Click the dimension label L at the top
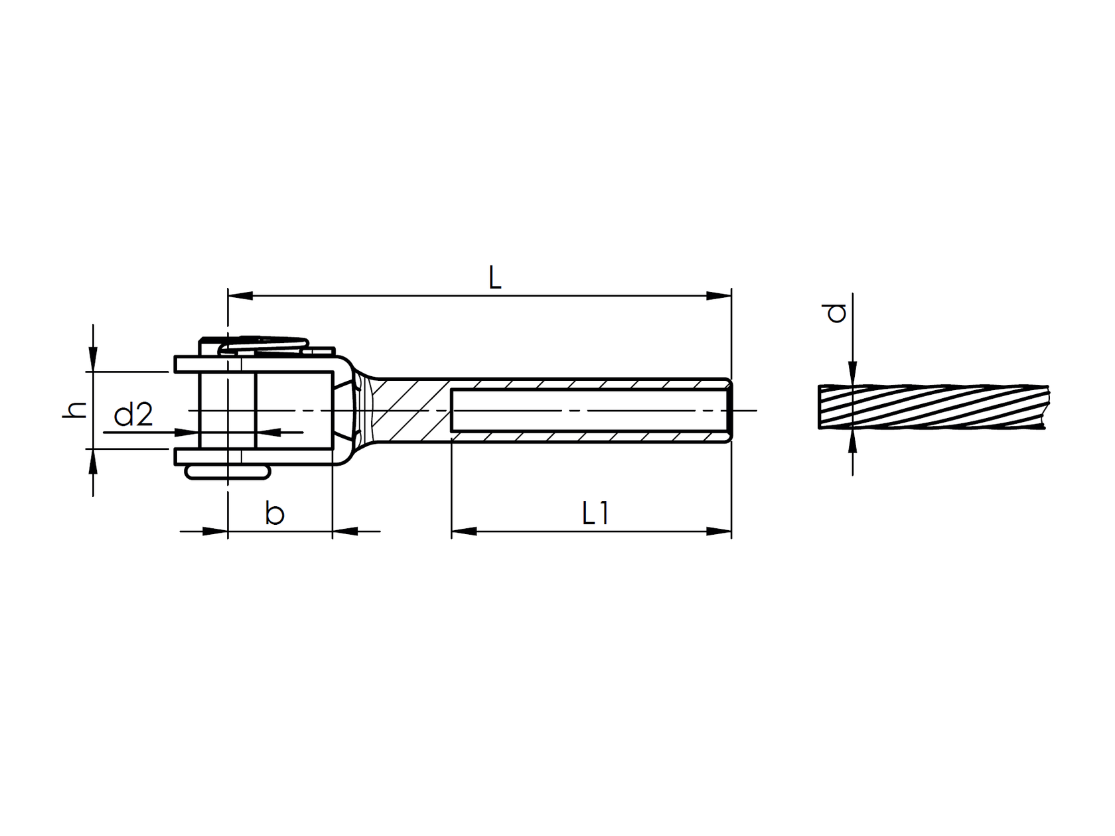(x=494, y=278)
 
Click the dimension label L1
(x=595, y=514)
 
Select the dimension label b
(x=275, y=514)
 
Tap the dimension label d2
(x=133, y=416)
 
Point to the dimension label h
(x=75, y=410)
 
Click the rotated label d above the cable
(x=836, y=313)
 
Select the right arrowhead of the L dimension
(x=719, y=295)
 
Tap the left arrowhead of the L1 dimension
(x=464, y=531)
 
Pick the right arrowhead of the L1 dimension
(x=719, y=531)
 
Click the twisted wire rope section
(x=929, y=406)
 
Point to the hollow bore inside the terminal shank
(x=591, y=411)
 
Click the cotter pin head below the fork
(x=228, y=472)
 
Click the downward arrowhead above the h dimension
(x=94, y=359)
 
